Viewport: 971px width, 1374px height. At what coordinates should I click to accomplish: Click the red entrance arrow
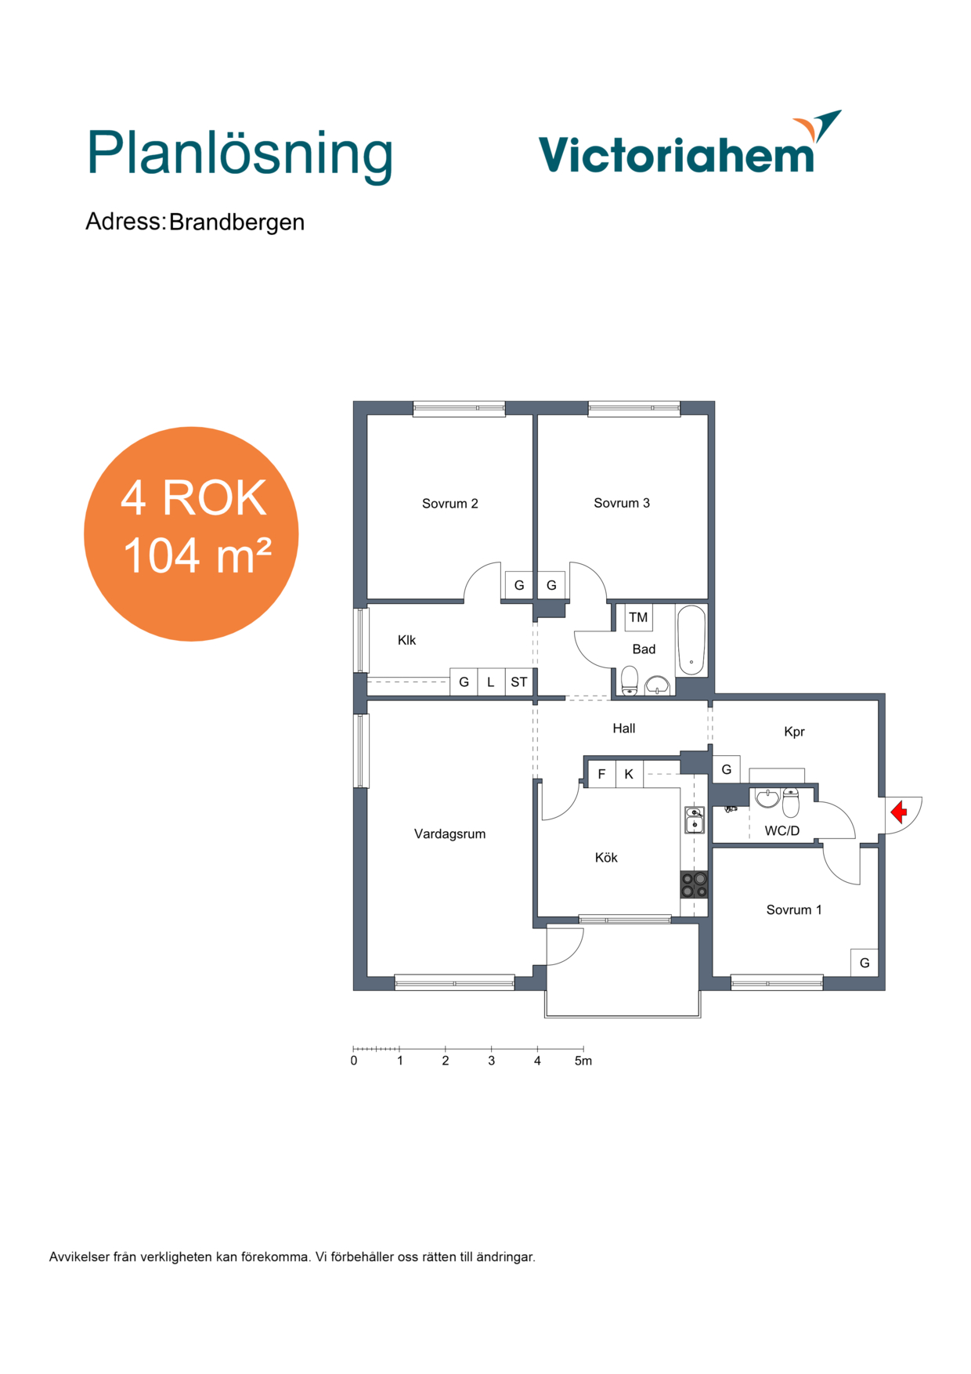point(899,812)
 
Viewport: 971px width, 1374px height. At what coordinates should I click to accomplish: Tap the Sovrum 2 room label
point(449,504)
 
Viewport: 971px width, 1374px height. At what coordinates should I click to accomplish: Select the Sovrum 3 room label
point(622,503)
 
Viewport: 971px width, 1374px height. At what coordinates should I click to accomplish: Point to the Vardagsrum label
point(449,834)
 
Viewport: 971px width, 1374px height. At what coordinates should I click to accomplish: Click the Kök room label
point(606,858)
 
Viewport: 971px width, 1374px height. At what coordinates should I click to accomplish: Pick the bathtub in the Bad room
point(691,639)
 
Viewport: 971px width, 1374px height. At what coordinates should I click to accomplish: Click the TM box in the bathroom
point(638,617)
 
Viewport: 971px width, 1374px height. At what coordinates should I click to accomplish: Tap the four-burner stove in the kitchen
point(695,884)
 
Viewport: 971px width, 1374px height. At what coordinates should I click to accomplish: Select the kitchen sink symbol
point(695,819)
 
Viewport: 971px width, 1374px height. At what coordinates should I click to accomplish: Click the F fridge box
point(601,774)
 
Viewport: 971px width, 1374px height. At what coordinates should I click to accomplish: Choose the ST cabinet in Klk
point(518,682)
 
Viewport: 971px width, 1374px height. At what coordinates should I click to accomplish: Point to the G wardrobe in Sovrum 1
point(865,963)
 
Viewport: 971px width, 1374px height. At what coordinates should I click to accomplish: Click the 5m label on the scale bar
point(583,1061)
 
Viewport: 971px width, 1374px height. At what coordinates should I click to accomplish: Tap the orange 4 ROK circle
point(191,534)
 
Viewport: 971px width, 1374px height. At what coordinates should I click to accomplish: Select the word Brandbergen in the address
point(236,222)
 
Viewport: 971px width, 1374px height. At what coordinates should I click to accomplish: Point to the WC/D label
point(782,830)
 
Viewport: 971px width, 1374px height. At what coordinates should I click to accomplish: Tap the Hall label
point(624,729)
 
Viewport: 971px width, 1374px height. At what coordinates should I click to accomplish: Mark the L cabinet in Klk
point(491,682)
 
